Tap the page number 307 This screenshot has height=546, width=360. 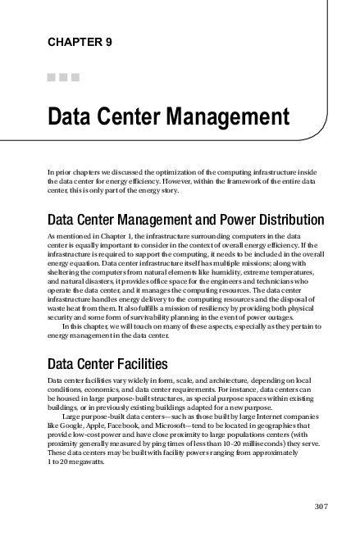(321, 506)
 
